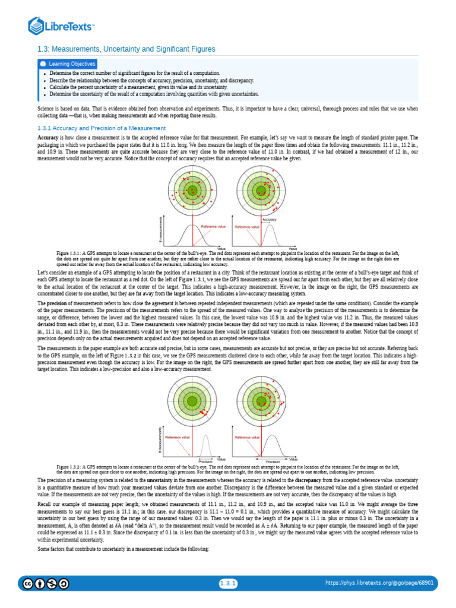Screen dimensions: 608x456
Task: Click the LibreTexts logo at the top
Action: coord(62,26)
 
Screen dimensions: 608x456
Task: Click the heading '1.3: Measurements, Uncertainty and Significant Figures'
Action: coord(126,49)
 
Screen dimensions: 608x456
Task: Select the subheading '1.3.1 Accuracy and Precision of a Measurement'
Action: coord(101,128)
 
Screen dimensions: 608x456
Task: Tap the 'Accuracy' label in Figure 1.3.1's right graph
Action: coord(269,219)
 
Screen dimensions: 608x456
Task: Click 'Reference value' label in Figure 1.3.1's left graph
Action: coord(213,226)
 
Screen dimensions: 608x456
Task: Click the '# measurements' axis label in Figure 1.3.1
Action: coord(161,229)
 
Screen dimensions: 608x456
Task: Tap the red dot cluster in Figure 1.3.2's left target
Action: coord(201,411)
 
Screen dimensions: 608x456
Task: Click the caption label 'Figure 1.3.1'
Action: coord(70,252)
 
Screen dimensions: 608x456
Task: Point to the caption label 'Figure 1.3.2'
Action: coord(70,467)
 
